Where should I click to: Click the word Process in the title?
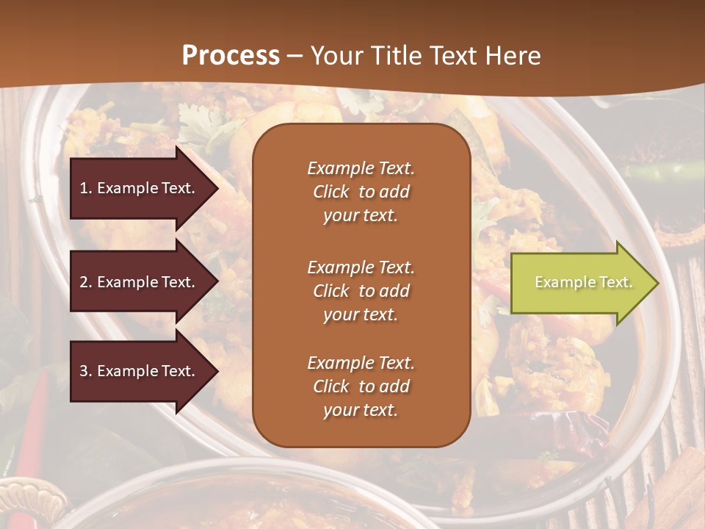(231, 55)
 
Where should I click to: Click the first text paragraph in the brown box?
(361, 192)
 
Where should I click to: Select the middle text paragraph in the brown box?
(361, 291)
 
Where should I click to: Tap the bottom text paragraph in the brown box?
(361, 386)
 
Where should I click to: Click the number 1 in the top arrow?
(84, 188)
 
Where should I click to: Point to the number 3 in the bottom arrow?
(84, 371)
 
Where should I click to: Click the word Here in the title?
(515, 56)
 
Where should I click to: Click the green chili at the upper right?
(661, 173)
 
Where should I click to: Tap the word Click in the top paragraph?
(330, 192)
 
